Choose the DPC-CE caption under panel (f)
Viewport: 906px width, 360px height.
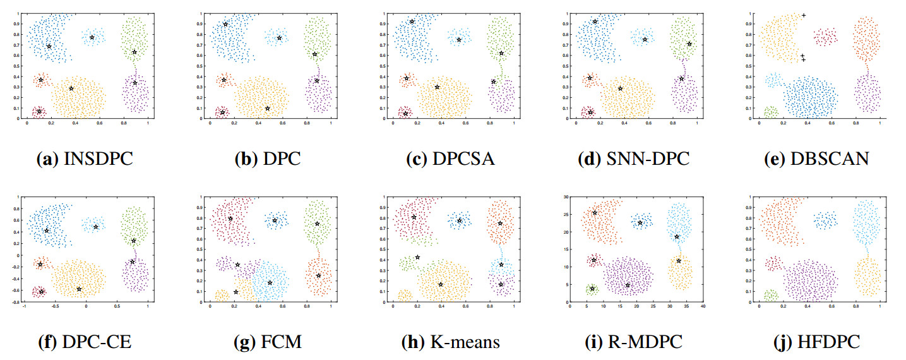[84, 342]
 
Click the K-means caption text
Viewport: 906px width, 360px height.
[450, 342]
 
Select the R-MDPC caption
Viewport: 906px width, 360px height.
[633, 342]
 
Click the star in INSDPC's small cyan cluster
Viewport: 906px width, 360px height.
[92, 38]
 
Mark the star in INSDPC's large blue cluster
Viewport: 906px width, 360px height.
[49, 46]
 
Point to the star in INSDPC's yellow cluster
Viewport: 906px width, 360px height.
[71, 88]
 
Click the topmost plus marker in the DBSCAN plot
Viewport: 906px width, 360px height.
[804, 15]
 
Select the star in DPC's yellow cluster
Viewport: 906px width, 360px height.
[268, 109]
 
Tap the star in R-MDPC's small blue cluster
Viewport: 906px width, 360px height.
[640, 222]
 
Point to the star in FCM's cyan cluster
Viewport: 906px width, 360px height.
[270, 282]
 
